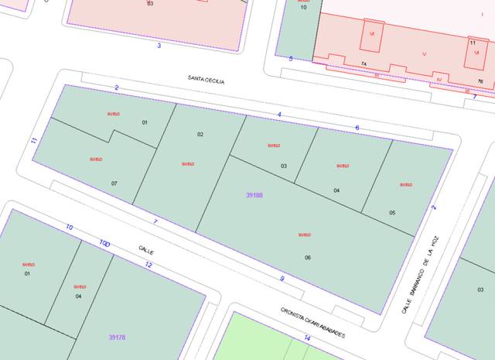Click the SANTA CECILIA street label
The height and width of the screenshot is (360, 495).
(x=205, y=79)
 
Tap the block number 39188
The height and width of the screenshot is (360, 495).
(x=254, y=195)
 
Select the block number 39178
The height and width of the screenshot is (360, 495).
(x=118, y=338)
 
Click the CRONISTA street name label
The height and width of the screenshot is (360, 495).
(x=313, y=323)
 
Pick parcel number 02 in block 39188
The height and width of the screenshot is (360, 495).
(x=200, y=135)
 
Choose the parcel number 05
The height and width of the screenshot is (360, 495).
(x=392, y=213)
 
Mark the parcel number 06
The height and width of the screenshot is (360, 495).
(x=308, y=258)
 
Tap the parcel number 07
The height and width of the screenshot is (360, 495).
(x=114, y=183)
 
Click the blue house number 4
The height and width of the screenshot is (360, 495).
(x=279, y=115)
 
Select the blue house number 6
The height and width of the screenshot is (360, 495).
(x=357, y=127)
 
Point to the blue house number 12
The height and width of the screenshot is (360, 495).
(x=148, y=266)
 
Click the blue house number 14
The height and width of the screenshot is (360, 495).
(x=307, y=338)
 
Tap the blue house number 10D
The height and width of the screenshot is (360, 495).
(x=104, y=243)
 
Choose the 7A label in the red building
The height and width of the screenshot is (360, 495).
(x=363, y=63)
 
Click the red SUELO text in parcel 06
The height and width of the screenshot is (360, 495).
(x=304, y=235)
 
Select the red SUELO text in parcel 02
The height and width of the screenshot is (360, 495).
(x=187, y=163)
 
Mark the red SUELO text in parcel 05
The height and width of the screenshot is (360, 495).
(x=405, y=185)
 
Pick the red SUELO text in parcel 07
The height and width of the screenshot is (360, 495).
(x=96, y=159)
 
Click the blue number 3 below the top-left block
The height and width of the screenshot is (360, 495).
(x=159, y=46)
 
